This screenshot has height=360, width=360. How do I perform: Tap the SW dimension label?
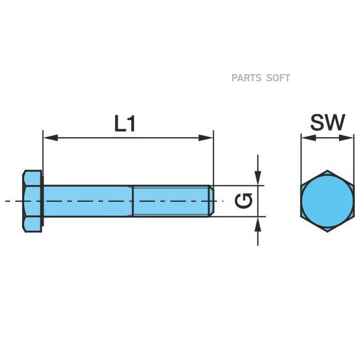tap(328, 122)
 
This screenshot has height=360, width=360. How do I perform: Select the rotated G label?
tap(244, 201)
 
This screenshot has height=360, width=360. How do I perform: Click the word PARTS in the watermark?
tap(246, 78)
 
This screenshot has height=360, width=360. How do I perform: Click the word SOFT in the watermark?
tap(278, 78)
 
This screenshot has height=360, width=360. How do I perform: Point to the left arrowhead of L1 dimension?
tap(50, 138)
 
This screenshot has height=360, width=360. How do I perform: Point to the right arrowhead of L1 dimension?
tap(206, 138)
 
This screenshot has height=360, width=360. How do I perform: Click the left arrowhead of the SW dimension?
tap(308, 138)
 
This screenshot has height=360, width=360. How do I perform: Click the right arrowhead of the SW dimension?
tap(346, 138)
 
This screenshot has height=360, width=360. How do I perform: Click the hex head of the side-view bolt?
tap(32, 201)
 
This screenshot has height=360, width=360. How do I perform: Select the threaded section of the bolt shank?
tap(171, 201)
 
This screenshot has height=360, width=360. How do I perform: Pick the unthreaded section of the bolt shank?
tap(88, 201)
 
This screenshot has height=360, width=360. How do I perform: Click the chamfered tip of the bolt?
tap(212, 201)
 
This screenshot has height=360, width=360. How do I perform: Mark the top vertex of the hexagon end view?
tap(327, 170)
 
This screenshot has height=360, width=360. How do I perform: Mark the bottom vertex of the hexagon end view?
tap(327, 232)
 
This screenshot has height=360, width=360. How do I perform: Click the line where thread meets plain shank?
tap(133, 201)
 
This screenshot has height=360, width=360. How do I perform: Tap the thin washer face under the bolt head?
tap(42, 201)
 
